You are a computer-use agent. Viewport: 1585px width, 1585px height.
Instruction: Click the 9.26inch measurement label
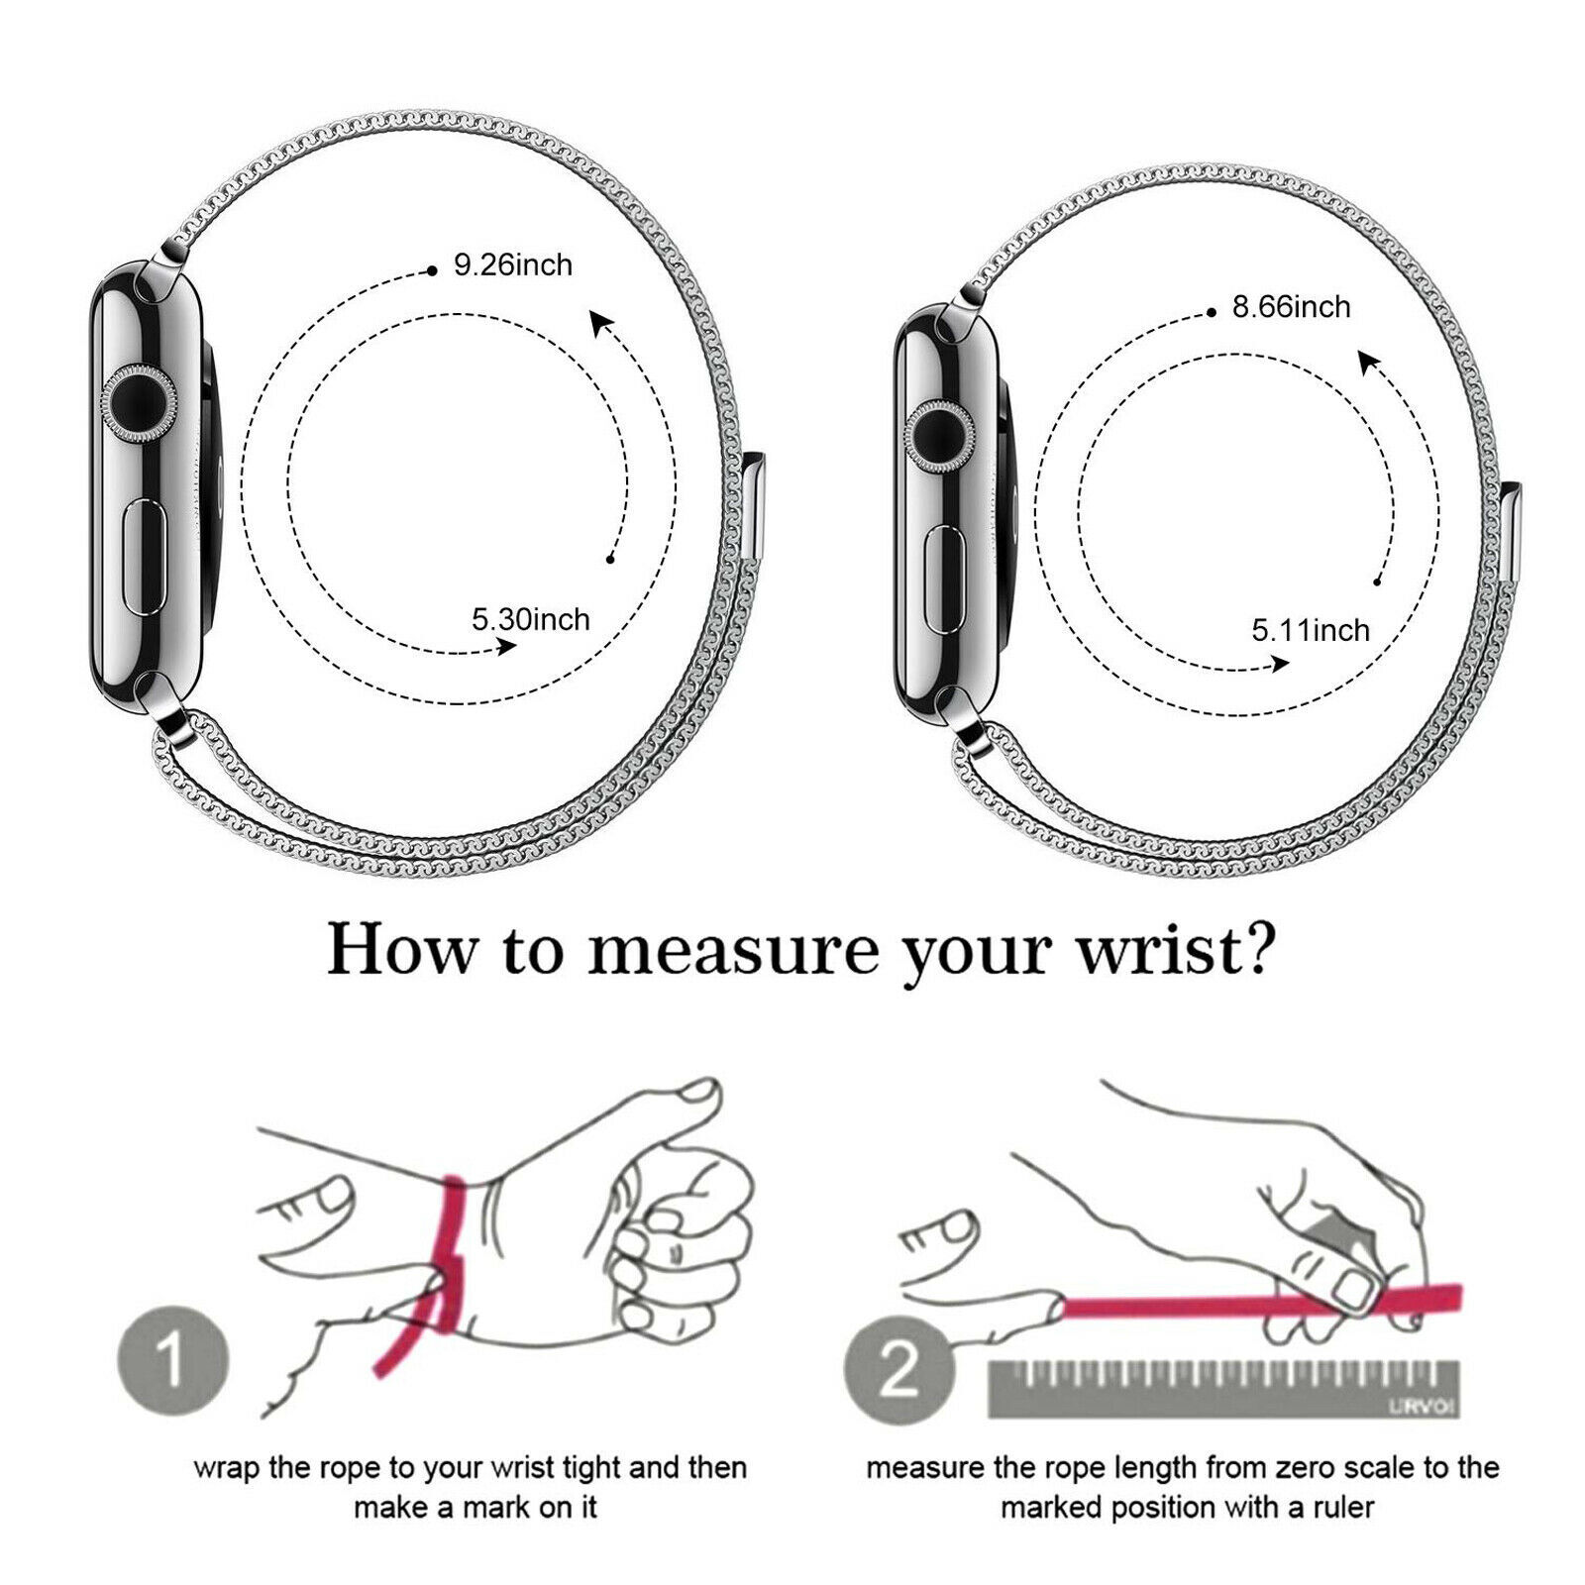[x=513, y=265]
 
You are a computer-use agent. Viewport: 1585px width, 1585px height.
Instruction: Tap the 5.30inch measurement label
[x=530, y=620]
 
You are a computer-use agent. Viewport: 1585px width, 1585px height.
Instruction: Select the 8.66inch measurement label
[x=1292, y=307]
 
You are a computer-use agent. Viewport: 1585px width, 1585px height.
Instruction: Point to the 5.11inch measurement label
[x=1311, y=631]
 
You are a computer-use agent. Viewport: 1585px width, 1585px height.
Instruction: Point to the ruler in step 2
[x=1224, y=1387]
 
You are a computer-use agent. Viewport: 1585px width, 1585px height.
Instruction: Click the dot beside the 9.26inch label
[x=432, y=269]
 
